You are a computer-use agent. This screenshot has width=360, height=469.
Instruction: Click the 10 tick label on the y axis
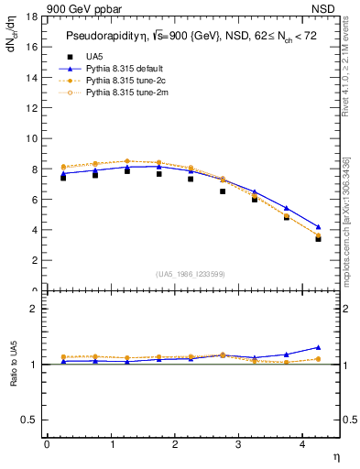tap(31, 138)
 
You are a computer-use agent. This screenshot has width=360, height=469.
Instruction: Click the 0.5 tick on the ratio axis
tap(29, 420)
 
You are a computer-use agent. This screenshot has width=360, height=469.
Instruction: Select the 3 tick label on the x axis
tap(238, 445)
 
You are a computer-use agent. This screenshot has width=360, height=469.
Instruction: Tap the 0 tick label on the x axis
tap(47, 445)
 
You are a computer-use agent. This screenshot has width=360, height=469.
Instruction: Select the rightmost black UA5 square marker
tap(318, 238)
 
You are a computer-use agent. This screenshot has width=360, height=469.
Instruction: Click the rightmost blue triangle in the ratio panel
tap(318, 347)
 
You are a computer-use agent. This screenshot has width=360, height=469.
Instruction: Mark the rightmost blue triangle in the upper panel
tap(318, 226)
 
